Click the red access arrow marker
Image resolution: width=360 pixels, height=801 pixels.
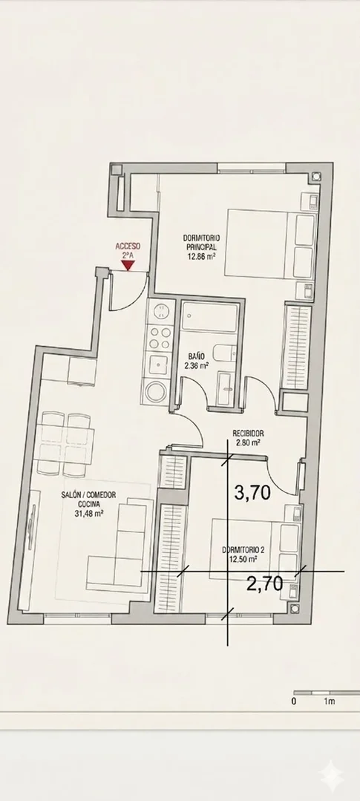pyautogui.click(x=128, y=265)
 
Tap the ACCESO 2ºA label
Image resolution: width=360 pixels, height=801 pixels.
pyautogui.click(x=128, y=249)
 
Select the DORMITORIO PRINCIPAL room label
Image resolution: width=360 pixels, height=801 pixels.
pyautogui.click(x=202, y=241)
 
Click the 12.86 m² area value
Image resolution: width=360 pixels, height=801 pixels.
pyautogui.click(x=202, y=257)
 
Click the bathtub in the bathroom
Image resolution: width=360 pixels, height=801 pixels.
pyautogui.click(x=210, y=317)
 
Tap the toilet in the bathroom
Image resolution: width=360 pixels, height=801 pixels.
pyautogui.click(x=225, y=353)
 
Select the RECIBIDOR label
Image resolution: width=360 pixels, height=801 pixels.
pyautogui.click(x=248, y=434)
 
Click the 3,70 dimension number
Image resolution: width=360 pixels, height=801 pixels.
pyautogui.click(x=252, y=492)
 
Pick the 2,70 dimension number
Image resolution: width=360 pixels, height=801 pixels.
pyautogui.click(x=264, y=583)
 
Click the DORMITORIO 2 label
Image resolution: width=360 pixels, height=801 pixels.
pyautogui.click(x=243, y=550)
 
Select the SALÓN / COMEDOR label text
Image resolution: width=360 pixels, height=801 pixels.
pyautogui.click(x=88, y=495)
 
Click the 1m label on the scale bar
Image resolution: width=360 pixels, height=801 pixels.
pyautogui.click(x=330, y=702)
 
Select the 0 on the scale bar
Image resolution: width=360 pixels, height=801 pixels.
pyautogui.click(x=294, y=702)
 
